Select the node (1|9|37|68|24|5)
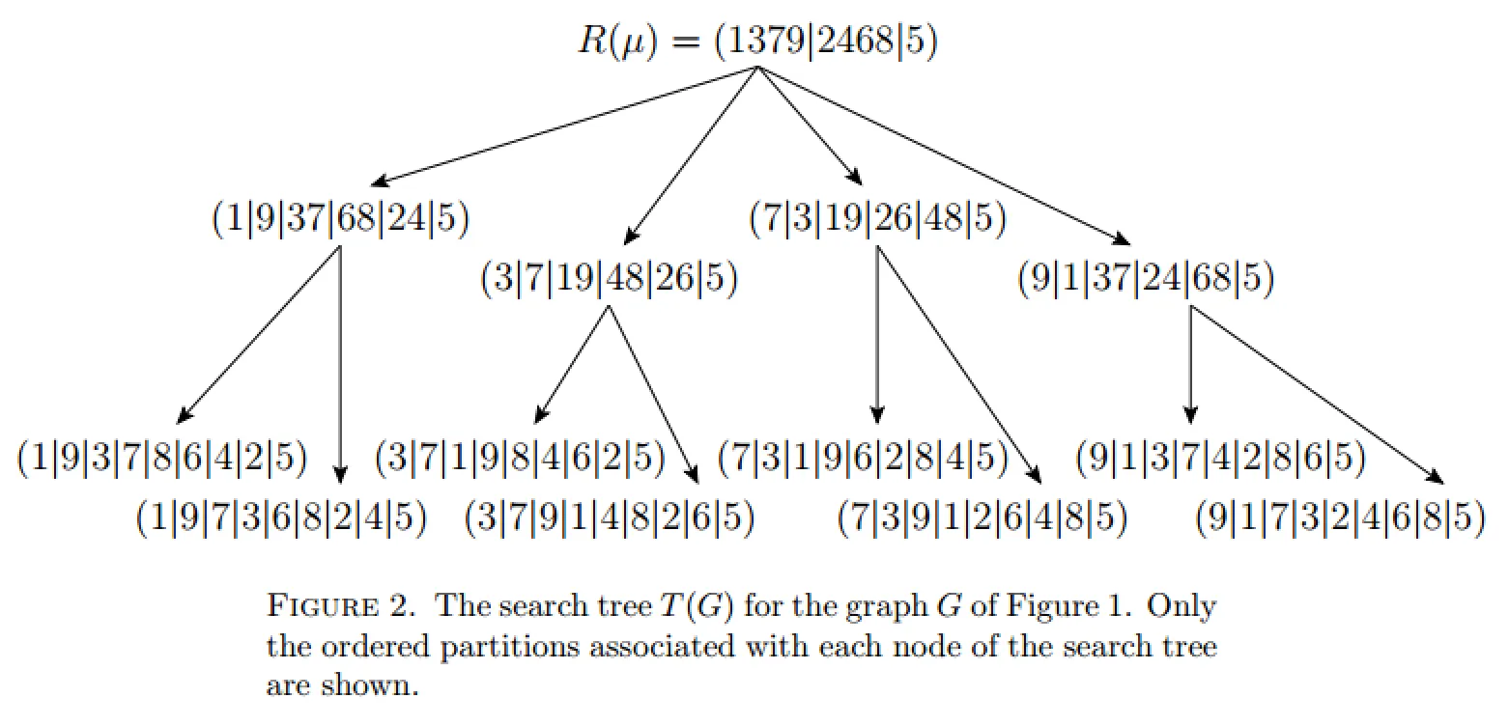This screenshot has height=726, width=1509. [x=340, y=220]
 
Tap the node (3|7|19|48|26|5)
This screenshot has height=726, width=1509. [x=609, y=279]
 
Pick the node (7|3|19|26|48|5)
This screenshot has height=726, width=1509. [x=877, y=220]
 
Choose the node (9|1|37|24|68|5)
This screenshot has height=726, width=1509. [x=1145, y=279]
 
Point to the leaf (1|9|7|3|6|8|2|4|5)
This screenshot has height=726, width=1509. [x=281, y=518]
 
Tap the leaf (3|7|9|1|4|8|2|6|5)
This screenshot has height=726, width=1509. [x=609, y=518]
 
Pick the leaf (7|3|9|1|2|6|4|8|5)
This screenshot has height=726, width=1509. [x=982, y=518]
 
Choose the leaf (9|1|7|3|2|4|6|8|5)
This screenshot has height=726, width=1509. [x=1339, y=518]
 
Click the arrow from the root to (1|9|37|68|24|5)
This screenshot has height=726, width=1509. [x=565, y=125]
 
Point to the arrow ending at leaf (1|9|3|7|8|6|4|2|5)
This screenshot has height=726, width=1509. [x=259, y=335]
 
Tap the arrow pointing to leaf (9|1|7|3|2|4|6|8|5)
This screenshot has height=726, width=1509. [x=1317, y=394]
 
